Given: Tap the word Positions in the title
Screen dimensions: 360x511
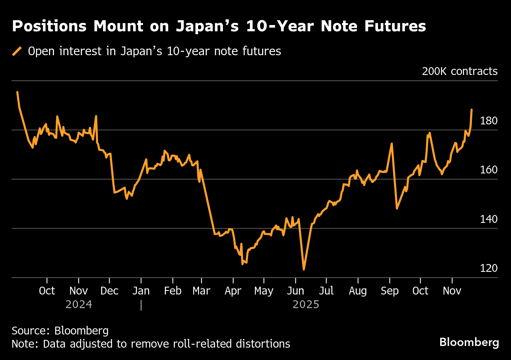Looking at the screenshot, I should click(49, 26).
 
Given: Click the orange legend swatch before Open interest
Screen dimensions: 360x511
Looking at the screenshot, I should click(17, 51).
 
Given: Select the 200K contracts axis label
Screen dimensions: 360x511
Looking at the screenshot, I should click(459, 71).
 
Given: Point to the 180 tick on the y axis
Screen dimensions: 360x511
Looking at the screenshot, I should click(489, 121).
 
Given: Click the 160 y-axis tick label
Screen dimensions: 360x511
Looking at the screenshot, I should click(489, 170).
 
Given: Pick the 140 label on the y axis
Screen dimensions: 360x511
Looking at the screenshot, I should click(489, 219).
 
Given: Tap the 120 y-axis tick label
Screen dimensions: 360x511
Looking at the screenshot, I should click(489, 269).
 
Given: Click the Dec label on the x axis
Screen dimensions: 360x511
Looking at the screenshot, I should click(110, 291).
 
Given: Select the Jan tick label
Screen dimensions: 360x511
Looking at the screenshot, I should click(141, 291).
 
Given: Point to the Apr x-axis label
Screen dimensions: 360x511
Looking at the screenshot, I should click(233, 291).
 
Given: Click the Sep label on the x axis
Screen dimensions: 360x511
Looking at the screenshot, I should click(389, 291).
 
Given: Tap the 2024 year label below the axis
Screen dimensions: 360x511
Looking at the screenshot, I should click(79, 305).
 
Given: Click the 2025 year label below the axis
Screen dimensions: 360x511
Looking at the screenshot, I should click(306, 305).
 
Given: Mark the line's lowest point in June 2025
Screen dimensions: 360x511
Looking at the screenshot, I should click(304, 269).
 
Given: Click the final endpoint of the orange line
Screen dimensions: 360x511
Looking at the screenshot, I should click(471, 110).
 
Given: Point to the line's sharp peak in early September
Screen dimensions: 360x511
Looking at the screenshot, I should click(391, 143).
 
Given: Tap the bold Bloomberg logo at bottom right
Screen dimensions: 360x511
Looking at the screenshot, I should click(469, 342).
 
